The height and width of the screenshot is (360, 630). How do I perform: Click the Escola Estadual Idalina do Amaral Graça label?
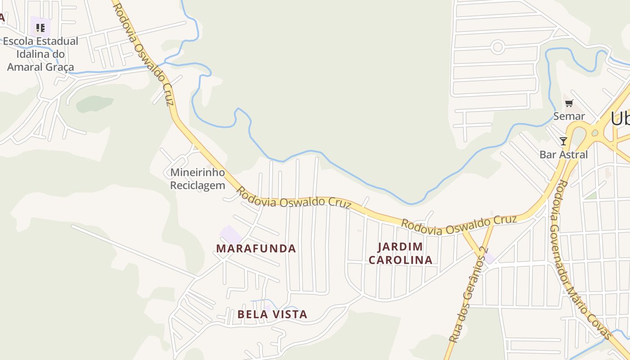[40, 54]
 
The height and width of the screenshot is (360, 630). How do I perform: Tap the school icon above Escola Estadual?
[40, 28]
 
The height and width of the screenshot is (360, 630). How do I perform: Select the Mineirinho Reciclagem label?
[198, 179]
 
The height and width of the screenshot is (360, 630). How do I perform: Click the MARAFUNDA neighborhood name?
[256, 248]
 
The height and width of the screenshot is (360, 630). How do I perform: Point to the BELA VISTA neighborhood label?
[272, 314]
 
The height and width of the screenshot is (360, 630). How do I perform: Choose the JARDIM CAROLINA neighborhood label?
[400, 253]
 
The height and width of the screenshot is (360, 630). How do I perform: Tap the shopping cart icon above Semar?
[569, 103]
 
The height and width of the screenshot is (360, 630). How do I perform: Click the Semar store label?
[569, 116]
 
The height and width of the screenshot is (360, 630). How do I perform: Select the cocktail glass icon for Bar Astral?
[563, 141]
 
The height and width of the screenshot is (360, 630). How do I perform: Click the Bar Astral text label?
[564, 154]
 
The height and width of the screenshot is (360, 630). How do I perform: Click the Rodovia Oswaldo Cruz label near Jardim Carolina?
[459, 225]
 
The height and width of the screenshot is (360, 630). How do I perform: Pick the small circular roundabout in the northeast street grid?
[498, 47]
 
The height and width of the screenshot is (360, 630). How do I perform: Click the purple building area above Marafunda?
[230, 234]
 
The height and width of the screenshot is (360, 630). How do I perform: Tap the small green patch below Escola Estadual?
[94, 104]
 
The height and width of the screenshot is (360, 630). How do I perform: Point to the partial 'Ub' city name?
[620, 119]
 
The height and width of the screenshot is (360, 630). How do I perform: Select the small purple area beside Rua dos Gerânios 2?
[489, 258]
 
